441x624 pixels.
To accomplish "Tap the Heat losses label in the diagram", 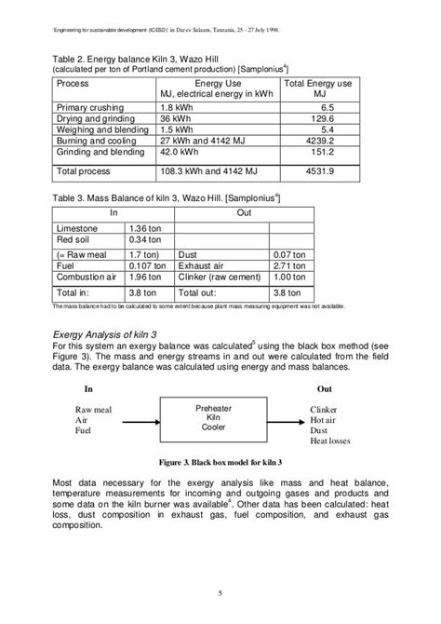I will pyautogui.click(x=333, y=443).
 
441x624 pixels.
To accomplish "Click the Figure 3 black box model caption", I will pyautogui.click(x=220, y=463).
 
